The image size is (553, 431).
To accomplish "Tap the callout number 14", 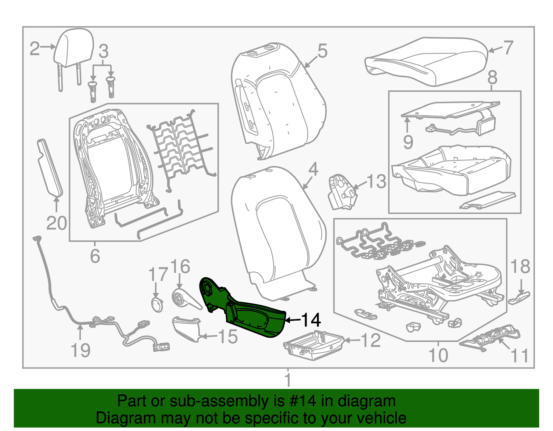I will tap(311, 320).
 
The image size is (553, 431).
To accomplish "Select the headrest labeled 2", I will tap(74, 48).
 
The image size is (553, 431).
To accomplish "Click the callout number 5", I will tap(322, 51).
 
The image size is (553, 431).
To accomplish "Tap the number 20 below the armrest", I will tap(57, 223).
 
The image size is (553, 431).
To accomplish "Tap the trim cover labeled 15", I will tap(187, 328).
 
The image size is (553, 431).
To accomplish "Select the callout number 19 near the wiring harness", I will tap(80, 350).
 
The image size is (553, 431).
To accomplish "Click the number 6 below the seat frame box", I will tap(95, 256).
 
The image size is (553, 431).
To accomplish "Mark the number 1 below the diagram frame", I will tap(288, 380).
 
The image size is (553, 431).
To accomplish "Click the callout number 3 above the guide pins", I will tap(103, 51).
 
